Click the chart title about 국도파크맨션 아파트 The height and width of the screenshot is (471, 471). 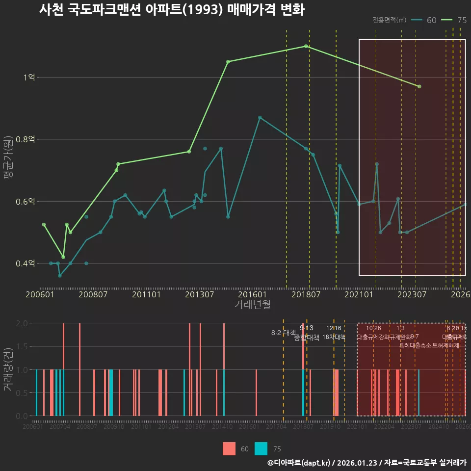click(x=172, y=10)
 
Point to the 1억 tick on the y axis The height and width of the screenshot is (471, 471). click(x=29, y=78)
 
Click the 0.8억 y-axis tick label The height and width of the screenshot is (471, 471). click(x=26, y=140)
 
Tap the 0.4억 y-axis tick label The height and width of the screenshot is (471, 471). click(x=26, y=264)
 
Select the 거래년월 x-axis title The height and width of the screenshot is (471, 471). click(x=252, y=305)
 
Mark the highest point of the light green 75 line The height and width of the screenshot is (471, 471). click(x=306, y=46)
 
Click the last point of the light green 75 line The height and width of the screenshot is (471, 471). click(x=419, y=86)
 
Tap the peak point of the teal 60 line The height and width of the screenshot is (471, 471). click(x=260, y=118)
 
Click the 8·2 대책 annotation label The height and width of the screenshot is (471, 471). click(x=280, y=333)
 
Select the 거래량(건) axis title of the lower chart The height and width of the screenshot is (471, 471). click(x=8, y=369)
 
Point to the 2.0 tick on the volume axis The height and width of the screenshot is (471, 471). click(x=22, y=323)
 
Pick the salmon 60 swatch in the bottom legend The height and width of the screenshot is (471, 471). click(x=229, y=448)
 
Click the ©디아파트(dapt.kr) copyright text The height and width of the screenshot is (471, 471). click(x=299, y=462)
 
